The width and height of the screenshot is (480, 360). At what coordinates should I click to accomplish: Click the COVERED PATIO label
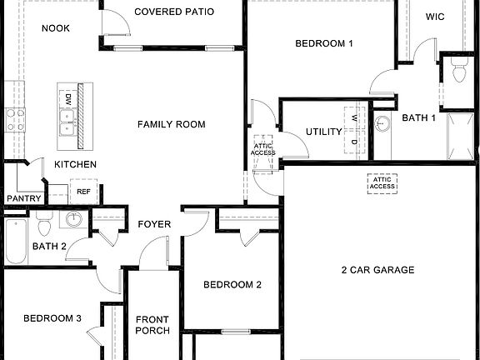[173, 12]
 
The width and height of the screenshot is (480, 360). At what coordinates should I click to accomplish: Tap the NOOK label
[57, 28]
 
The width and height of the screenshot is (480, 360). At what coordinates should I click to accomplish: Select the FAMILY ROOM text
[171, 124]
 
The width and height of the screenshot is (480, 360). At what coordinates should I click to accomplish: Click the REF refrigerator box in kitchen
[83, 192]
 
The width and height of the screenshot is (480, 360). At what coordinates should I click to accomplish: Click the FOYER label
[154, 224]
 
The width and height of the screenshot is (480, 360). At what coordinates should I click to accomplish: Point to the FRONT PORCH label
[152, 324]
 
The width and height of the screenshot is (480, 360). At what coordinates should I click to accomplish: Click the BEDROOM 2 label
[232, 284]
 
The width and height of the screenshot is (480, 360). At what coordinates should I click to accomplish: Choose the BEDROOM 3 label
[52, 318]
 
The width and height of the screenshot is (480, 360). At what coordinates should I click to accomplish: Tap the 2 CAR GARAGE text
[377, 270]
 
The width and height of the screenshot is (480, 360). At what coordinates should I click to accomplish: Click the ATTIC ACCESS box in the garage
[382, 182]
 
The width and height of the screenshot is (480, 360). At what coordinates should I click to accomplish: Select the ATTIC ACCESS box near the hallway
[263, 149]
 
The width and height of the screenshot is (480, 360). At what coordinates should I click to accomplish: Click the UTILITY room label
[324, 132]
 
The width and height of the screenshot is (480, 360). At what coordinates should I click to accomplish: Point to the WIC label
[435, 16]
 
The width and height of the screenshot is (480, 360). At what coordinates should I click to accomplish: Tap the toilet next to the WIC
[457, 72]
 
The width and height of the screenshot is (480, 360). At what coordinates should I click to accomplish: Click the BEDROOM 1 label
[325, 43]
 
